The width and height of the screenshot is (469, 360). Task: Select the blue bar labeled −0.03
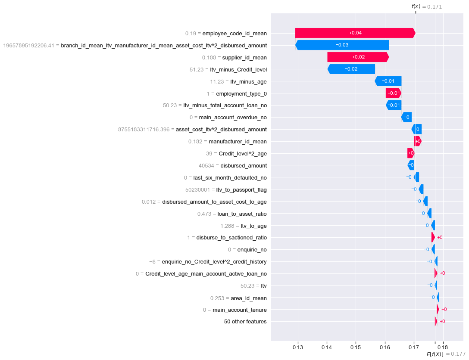pyautogui.click(x=342, y=45)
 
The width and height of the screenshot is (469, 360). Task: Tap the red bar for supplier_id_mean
pyautogui.click(x=358, y=57)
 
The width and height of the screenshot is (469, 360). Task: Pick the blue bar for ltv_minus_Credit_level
pyautogui.click(x=351, y=69)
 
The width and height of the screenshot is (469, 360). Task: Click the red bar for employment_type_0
pyautogui.click(x=393, y=93)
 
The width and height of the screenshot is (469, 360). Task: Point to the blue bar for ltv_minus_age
pyautogui.click(x=388, y=81)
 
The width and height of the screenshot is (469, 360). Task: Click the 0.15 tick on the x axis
pyautogui.click(x=356, y=346)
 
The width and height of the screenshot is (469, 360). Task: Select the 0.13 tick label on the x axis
pyautogui.click(x=297, y=346)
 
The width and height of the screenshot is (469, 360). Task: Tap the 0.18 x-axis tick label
pyautogui.click(x=442, y=346)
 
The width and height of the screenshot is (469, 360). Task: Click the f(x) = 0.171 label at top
pyautogui.click(x=426, y=6)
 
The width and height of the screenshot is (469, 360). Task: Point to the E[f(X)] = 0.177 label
pyautogui.click(x=446, y=354)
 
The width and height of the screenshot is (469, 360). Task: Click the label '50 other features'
pyautogui.click(x=245, y=322)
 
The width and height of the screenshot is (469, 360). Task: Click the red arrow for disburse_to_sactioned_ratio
pyautogui.click(x=433, y=237)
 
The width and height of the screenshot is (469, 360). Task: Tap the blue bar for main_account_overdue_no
pyautogui.click(x=406, y=117)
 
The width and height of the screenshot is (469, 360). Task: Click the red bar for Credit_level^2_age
pyautogui.click(x=410, y=153)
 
